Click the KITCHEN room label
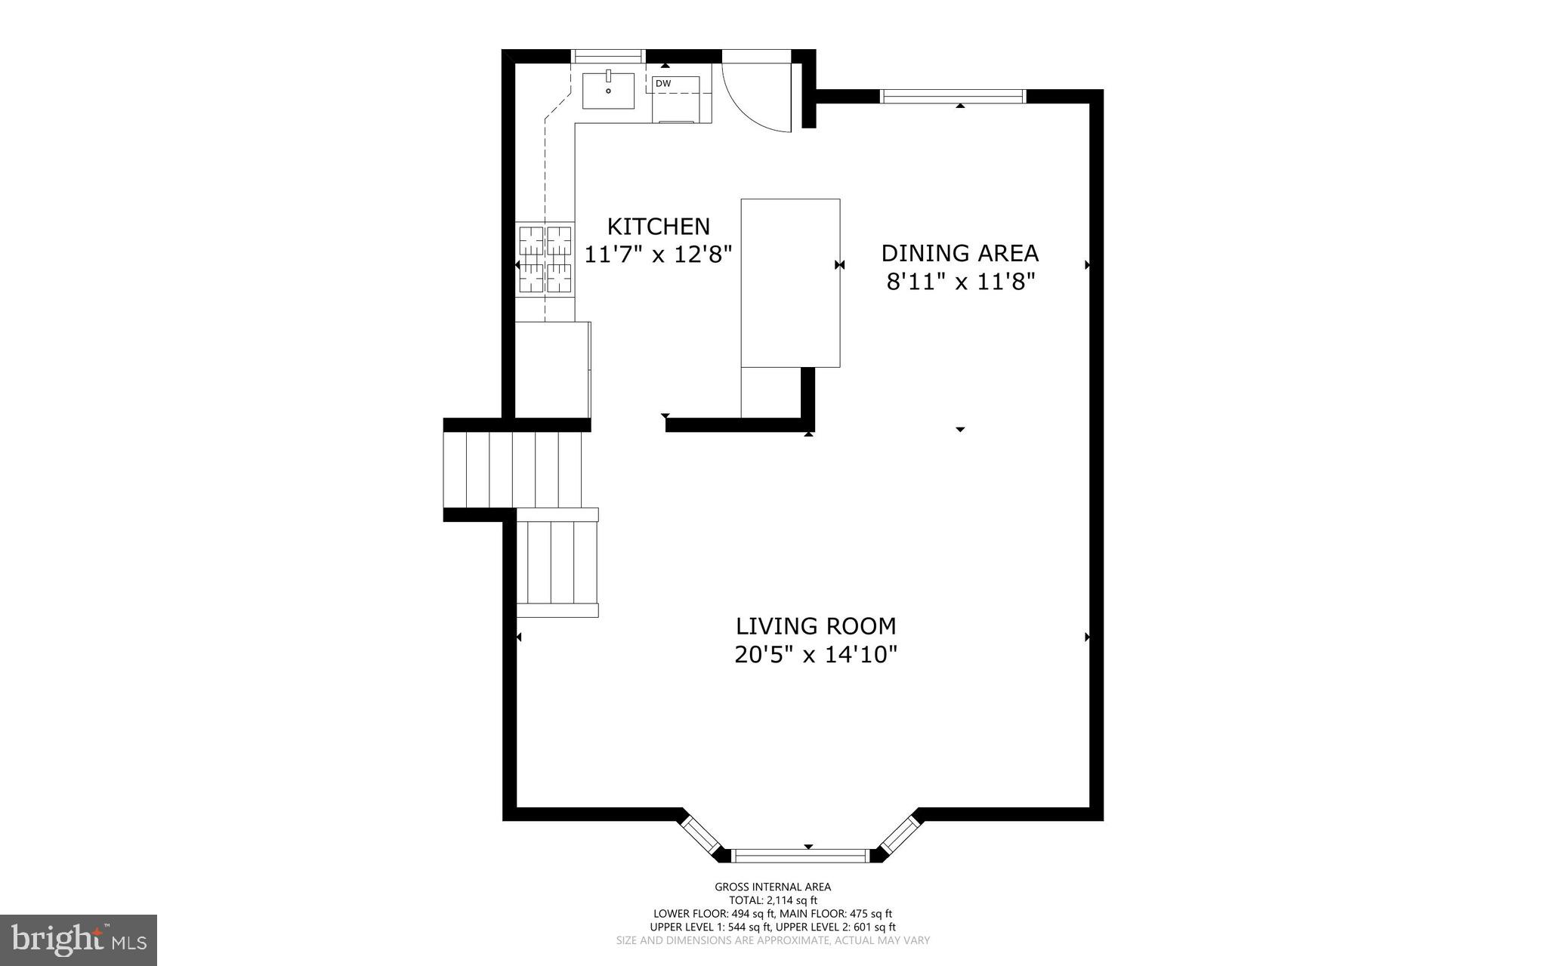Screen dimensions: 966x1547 [659, 226]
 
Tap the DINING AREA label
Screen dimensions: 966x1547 [959, 252]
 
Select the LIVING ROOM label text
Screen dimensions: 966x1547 [816, 625]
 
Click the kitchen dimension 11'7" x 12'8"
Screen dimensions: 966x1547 [659, 255]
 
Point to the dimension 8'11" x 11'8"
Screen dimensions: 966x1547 [959, 282]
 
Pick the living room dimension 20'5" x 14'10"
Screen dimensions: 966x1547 [816, 654]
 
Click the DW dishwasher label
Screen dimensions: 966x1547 [662, 83]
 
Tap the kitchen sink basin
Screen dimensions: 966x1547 [608, 91]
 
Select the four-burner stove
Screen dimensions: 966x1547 [545, 259]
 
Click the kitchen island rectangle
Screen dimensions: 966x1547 [790, 282]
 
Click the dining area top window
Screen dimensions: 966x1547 [953, 96]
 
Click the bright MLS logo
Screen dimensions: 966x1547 [79, 940]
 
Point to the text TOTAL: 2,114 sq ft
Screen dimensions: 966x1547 [773, 900]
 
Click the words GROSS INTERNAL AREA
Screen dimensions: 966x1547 [773, 887]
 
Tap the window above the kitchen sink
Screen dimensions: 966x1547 [608, 55]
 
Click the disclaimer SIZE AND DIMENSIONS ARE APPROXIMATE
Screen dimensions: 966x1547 [773, 940]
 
